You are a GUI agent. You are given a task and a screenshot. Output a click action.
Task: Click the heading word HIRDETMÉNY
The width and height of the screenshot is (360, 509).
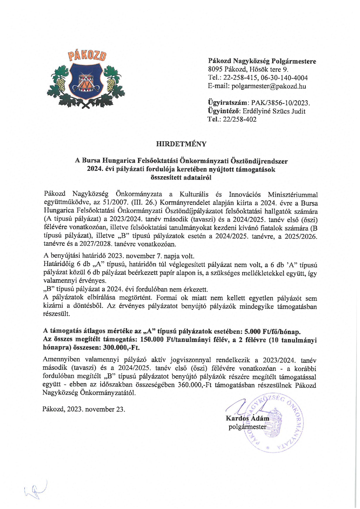pos(181,144)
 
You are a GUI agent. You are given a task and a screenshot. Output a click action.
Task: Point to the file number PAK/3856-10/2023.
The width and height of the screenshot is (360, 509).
pos(280,103)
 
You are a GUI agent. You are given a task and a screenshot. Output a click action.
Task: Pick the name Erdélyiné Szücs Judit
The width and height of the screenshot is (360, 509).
pos(274,111)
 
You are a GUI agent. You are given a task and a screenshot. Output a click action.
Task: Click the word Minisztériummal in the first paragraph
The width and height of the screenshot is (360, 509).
pos(293,194)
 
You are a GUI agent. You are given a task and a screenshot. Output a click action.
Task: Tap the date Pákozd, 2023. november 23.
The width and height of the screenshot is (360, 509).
pos(84,409)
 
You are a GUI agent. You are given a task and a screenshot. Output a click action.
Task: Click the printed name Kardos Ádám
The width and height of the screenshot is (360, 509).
pos(247,418)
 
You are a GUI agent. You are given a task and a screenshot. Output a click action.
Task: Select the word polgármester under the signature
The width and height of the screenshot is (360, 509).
pos(247,427)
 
